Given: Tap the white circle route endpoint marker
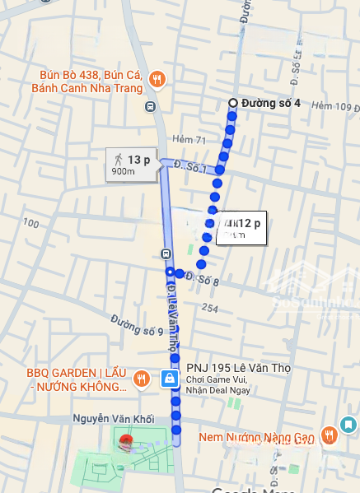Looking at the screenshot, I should click(x=232, y=103).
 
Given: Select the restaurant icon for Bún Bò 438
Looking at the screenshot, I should click(x=157, y=80).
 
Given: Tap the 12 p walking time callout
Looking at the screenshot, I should click(x=242, y=227).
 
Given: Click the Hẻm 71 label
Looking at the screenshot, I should click(x=189, y=141).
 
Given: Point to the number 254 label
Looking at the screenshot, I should click(x=210, y=308).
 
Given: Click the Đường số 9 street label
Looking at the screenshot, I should click(x=137, y=327).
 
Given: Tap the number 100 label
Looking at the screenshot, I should click(x=31, y=223).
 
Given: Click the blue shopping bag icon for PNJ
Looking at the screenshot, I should click(x=169, y=379).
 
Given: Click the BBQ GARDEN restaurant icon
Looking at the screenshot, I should click(x=142, y=378).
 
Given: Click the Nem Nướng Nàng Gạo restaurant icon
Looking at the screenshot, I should click(x=329, y=434).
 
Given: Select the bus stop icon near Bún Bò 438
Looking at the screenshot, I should click(x=150, y=106).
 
